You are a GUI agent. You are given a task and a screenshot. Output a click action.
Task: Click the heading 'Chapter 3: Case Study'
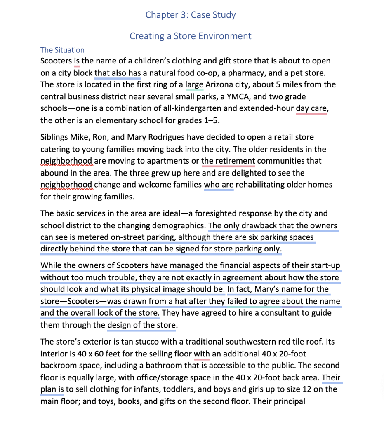point(191,15)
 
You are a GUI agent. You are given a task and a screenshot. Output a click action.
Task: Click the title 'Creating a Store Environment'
point(191,36)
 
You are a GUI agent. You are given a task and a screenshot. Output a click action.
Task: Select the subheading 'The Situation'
point(62,50)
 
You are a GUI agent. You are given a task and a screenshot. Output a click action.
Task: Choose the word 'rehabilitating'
point(272,185)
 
